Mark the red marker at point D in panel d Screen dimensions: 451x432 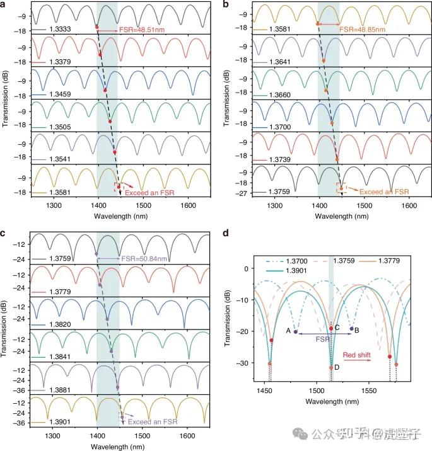331,368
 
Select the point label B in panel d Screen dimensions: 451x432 358,329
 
